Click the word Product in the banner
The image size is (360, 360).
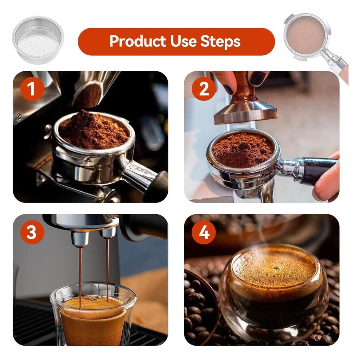(x=138, y=41)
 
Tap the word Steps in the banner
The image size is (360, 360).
(x=220, y=41)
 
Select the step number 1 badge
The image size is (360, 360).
(x=32, y=89)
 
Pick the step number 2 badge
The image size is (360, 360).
(x=204, y=89)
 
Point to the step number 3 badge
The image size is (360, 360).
(x=32, y=232)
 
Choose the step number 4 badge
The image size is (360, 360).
(x=204, y=232)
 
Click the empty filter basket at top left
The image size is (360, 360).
(x=38, y=39)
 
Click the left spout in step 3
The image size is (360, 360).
(x=80, y=238)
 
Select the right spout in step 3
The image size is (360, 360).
(x=108, y=232)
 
